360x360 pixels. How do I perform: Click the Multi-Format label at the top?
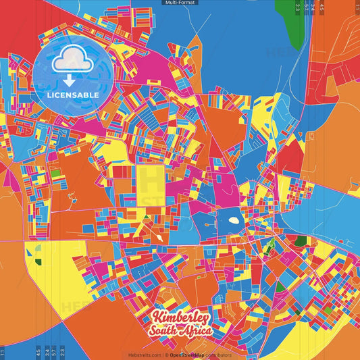point(180,3)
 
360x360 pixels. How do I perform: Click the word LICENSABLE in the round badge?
point(73,95)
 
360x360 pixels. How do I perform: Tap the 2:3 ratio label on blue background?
point(62,352)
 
